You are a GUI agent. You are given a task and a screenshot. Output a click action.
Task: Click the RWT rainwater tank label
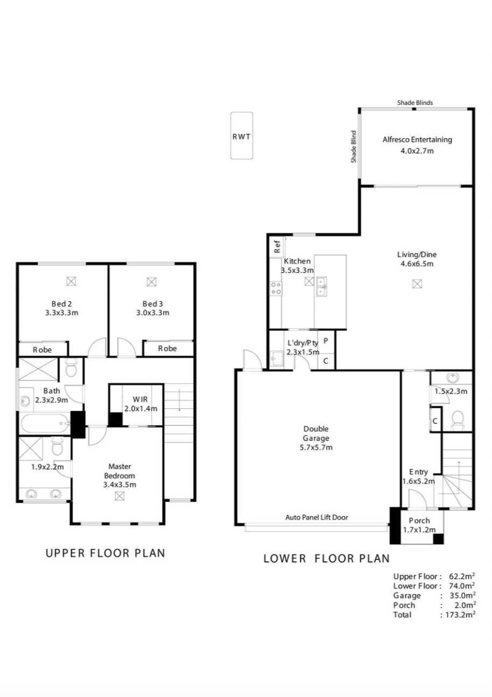[x=241, y=136]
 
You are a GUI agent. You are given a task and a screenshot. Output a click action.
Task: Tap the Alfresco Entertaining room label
[x=417, y=140]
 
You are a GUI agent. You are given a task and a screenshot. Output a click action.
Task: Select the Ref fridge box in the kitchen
[x=277, y=246]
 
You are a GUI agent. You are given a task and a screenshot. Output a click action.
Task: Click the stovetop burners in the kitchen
[x=276, y=288]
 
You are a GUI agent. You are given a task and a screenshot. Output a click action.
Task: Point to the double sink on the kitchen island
[x=321, y=287]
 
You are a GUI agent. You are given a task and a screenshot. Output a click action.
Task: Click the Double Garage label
[x=316, y=433]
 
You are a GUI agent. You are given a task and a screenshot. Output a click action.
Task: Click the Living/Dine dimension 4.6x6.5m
[x=417, y=264]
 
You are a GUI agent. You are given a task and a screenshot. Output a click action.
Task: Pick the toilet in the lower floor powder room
[x=457, y=420]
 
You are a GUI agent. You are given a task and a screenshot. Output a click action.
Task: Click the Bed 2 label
[x=61, y=304]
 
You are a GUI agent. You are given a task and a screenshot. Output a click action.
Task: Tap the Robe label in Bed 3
[x=167, y=348]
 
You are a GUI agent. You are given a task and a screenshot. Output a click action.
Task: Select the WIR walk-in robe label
[x=140, y=399]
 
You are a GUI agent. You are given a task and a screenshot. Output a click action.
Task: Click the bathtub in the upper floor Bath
[x=45, y=423]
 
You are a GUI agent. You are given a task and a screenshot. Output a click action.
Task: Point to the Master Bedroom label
[x=120, y=471]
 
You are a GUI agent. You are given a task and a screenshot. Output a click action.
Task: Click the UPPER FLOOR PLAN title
[x=106, y=553]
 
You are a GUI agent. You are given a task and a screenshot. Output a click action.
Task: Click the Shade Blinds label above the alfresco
[x=415, y=102]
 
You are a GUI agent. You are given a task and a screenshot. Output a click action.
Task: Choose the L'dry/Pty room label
[x=303, y=343]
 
